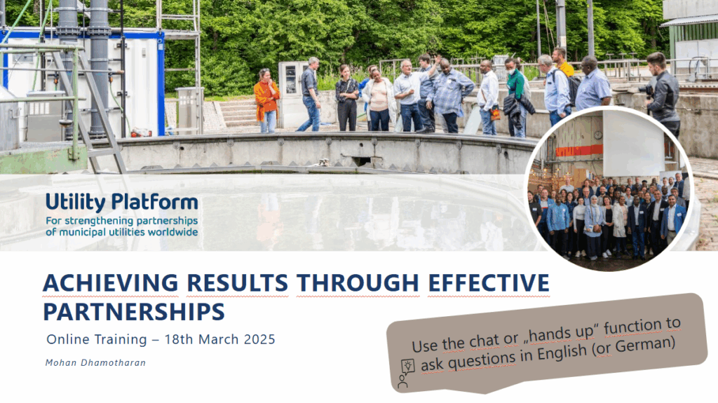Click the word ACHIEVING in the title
pos(110,282)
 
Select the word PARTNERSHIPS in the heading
pos(134,312)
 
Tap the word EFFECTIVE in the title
pos(489,282)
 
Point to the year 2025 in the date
pos(259,339)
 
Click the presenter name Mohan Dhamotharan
pos(95,363)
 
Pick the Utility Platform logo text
pos(122,203)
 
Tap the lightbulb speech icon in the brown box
pos(407,366)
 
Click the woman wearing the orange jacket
pos(266,101)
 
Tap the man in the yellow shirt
pos(562,64)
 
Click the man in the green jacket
pos(517,97)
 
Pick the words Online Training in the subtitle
pos(97,339)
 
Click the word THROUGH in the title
pos(358,282)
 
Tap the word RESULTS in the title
pos(237,282)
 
